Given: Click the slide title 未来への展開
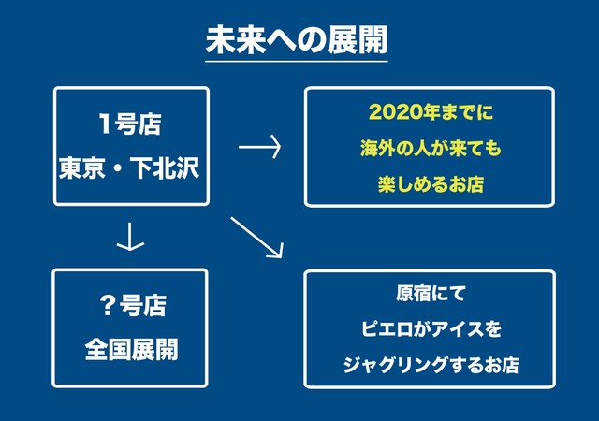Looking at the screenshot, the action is (297, 39).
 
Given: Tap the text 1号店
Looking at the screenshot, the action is (130, 123).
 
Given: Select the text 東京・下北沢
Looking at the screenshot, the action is (129, 167).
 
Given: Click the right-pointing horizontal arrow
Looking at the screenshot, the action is (260, 147).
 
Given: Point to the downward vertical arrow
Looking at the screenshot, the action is (130, 237).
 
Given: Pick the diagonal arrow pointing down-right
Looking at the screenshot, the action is (256, 238).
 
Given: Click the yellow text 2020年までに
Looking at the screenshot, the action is (431, 112).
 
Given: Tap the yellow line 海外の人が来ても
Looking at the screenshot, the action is (431, 148).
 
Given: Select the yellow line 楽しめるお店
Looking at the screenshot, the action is (431, 184).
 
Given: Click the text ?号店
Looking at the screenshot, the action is (133, 306).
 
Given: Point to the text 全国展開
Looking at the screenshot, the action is (131, 350).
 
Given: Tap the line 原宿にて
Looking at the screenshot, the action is (431, 294).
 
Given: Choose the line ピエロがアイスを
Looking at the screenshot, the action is (431, 329).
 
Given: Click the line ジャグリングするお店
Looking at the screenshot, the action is (431, 365).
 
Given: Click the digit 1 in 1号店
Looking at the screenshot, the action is (105, 123).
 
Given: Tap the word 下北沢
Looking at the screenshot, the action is (165, 167).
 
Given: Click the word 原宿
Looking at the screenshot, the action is (413, 294).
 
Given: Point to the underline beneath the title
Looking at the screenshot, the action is (297, 61).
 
